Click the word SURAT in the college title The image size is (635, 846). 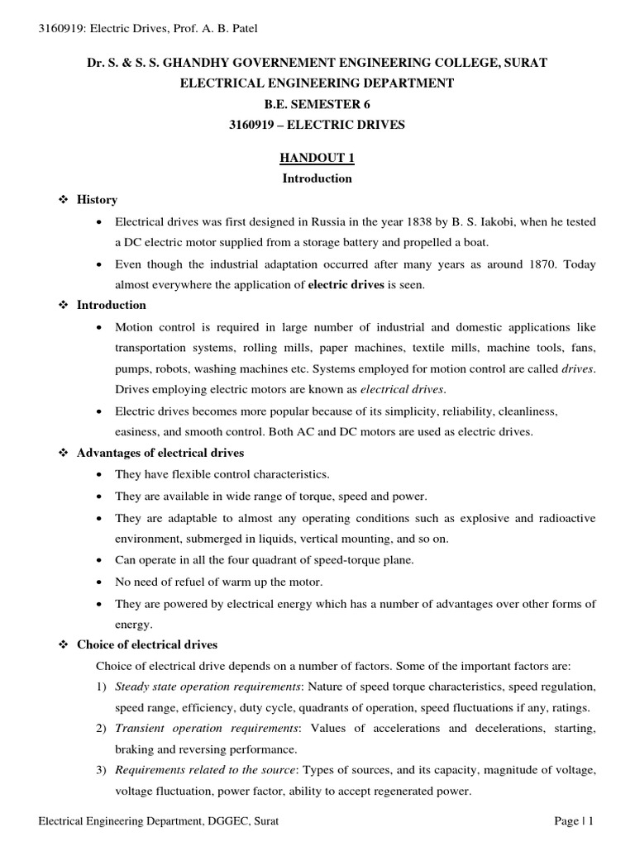coord(523,63)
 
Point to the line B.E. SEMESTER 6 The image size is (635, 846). coord(317,104)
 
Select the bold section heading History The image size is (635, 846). coord(97,200)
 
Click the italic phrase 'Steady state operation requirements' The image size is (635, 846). coord(208,687)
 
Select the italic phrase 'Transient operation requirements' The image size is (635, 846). coord(207,729)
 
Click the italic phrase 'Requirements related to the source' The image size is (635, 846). coord(207,770)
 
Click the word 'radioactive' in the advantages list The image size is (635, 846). coord(566,517)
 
